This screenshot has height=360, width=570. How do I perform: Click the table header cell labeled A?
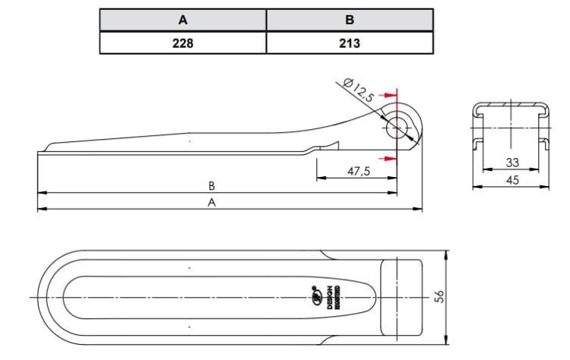(182, 20)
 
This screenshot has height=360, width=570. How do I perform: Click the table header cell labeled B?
(349, 20)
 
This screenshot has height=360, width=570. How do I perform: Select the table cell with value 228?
(182, 43)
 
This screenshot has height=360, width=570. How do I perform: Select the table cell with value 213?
(349, 43)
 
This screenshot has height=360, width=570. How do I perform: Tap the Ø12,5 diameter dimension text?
(359, 90)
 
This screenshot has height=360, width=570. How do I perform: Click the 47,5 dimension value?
(358, 172)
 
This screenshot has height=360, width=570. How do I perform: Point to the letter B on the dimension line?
(212, 185)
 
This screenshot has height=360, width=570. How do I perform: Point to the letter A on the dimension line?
(212, 202)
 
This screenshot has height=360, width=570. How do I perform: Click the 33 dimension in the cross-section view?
(511, 163)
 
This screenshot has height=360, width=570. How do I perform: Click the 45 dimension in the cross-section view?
(511, 180)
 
